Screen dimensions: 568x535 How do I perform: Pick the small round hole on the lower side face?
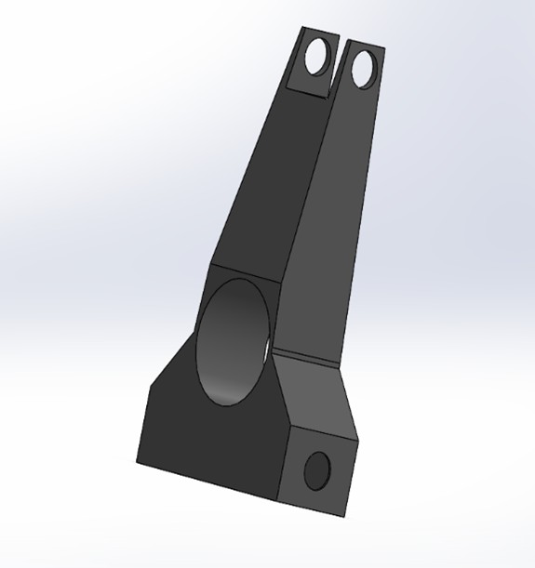coord(317,469)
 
